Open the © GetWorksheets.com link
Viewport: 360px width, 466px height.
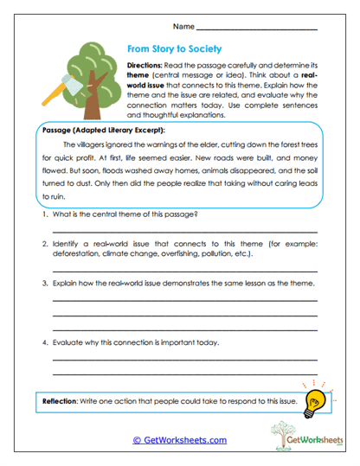(179, 439)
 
